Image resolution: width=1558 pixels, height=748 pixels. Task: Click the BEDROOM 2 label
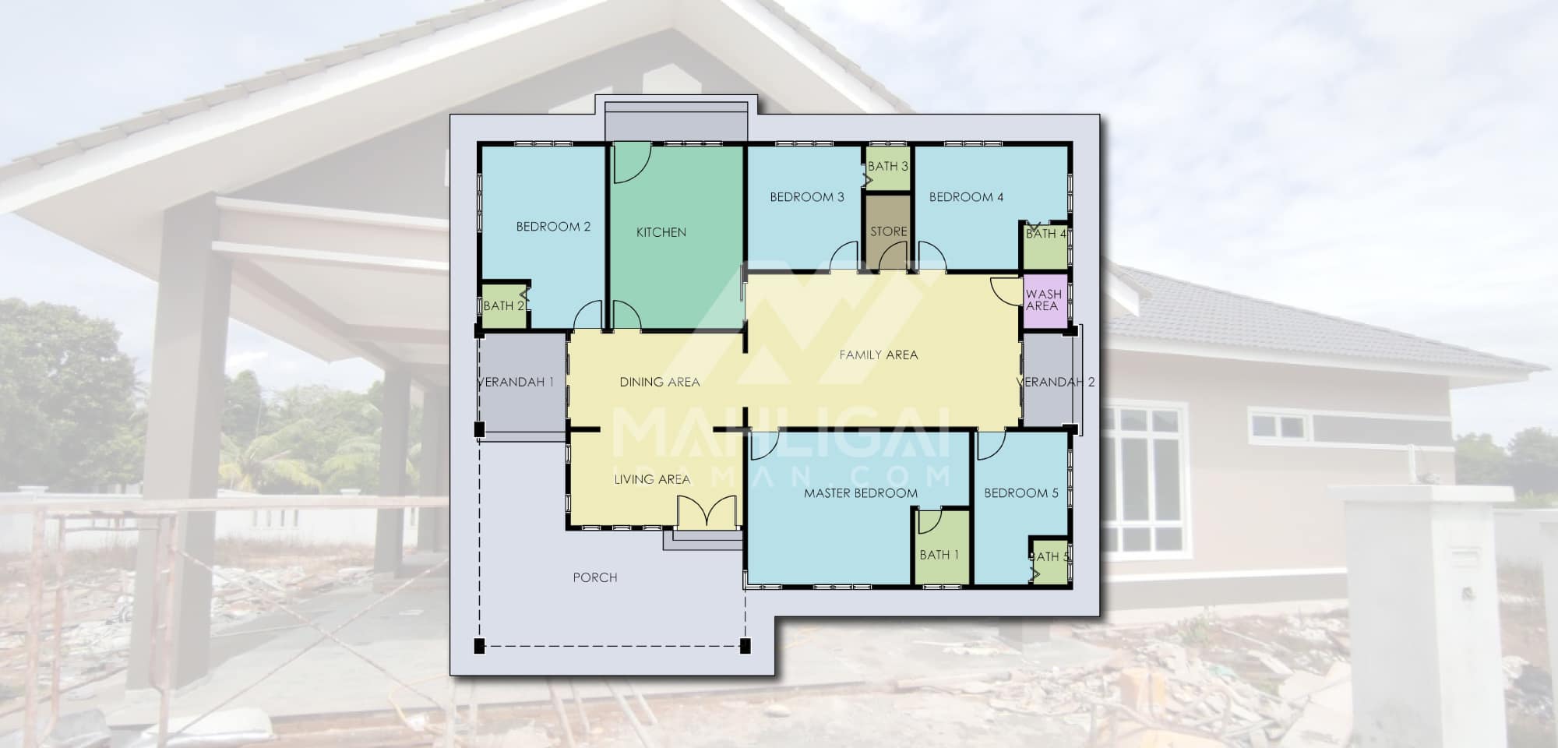coord(553,227)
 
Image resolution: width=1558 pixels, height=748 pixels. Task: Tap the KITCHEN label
coord(661,232)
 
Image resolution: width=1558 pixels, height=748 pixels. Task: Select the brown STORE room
coord(888,231)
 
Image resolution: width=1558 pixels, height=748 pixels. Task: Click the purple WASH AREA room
coord(1045,301)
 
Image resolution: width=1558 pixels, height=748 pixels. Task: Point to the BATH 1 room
coord(942,547)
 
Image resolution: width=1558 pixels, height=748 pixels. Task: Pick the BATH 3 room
coord(888,167)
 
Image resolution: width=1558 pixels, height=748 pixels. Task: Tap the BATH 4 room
coord(1045,246)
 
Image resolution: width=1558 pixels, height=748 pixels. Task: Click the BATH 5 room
coord(1049,560)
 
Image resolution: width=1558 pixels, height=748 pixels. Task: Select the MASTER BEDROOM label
coord(861,493)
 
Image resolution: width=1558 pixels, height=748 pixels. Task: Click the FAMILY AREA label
coord(879,355)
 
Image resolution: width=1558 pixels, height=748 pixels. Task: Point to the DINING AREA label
coord(660,382)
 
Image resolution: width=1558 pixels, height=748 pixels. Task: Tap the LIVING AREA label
coord(652,479)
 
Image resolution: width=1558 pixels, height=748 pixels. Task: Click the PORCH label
coord(595,577)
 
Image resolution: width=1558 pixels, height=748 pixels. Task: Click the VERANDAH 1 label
coord(515,382)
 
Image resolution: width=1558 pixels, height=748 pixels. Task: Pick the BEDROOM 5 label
coord(1021,493)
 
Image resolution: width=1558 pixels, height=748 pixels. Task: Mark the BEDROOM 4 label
coord(967,197)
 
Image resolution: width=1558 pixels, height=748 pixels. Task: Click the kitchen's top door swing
coord(632,163)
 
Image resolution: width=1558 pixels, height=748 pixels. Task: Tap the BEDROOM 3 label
coord(807,197)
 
